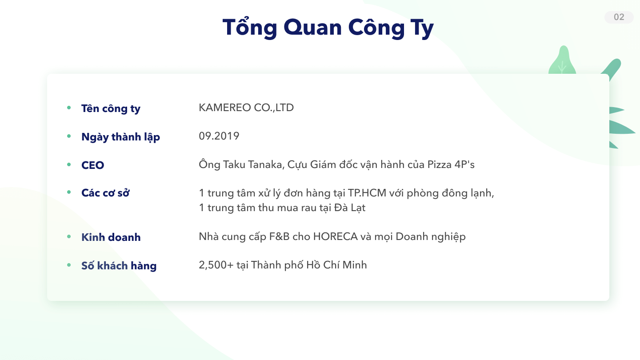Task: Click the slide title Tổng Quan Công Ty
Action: pyautogui.click(x=328, y=28)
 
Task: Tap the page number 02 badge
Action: pyautogui.click(x=619, y=17)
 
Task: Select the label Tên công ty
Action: pyautogui.click(x=111, y=108)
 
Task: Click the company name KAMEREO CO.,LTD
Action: pyautogui.click(x=246, y=108)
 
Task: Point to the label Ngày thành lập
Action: pyautogui.click(x=120, y=137)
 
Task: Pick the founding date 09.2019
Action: pyautogui.click(x=219, y=136)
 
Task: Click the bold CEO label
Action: pyautogui.click(x=92, y=165)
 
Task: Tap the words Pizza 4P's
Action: pyautogui.click(x=451, y=164)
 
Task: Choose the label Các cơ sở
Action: pyautogui.click(x=105, y=193)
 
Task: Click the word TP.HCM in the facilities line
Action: pyautogui.click(x=367, y=193)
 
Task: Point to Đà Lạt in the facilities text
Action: pyautogui.click(x=350, y=208)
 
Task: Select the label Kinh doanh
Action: pyautogui.click(x=111, y=237)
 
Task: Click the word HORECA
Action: pyautogui.click(x=336, y=236)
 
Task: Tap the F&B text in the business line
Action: pyautogui.click(x=280, y=236)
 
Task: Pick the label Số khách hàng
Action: pyautogui.click(x=119, y=266)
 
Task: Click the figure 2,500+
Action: pyautogui.click(x=216, y=265)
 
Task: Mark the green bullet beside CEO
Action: pyautogui.click(x=69, y=164)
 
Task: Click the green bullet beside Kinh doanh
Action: pyautogui.click(x=69, y=236)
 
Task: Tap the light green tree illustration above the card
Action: pyautogui.click(x=562, y=60)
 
